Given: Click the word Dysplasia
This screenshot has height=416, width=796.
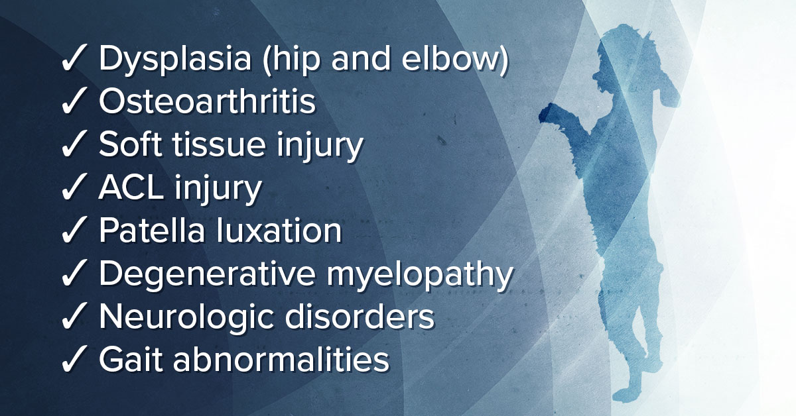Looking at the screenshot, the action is pyautogui.click(x=175, y=59).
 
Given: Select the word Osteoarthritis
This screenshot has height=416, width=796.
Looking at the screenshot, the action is pyautogui.click(x=207, y=101).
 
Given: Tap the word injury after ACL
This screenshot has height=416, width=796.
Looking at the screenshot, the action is pyautogui.click(x=218, y=189).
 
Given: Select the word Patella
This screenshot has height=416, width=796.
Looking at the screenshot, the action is pyautogui.click(x=152, y=230).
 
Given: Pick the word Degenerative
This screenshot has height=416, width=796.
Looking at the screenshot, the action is pyautogui.click(x=207, y=275).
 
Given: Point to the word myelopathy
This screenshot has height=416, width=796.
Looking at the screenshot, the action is pyautogui.click(x=420, y=275).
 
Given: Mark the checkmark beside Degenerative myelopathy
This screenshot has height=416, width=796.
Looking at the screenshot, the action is pyautogui.click(x=74, y=273).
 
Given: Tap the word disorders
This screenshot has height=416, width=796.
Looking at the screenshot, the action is pyautogui.click(x=360, y=316).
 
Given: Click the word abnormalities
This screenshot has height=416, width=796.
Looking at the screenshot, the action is pyautogui.click(x=281, y=359).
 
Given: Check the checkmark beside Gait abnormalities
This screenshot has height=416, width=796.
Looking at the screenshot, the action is pyautogui.click(x=74, y=359).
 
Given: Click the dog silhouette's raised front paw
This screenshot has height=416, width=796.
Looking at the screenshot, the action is pyautogui.click(x=550, y=113).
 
